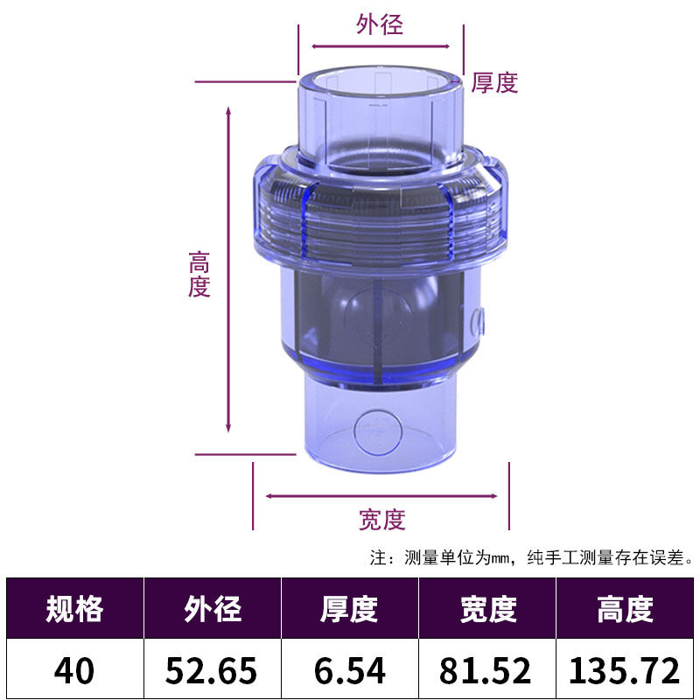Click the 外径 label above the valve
coord(380,24)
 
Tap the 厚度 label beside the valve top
coord(495,83)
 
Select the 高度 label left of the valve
coord(199,275)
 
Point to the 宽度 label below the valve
coord(382,520)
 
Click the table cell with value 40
coord(74,671)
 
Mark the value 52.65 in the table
coord(213,671)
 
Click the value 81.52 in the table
coord(488,671)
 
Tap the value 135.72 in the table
coord(626,671)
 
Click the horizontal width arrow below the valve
coord(381,495)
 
